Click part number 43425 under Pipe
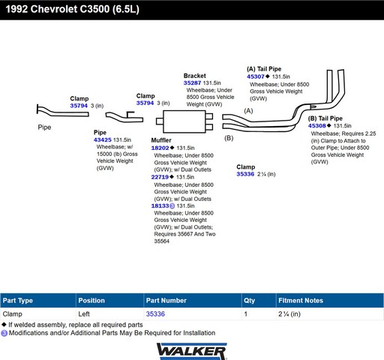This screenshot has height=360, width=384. click(x=103, y=139)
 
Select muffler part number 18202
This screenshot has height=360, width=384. click(x=160, y=148)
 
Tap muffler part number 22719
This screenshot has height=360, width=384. click(x=160, y=177)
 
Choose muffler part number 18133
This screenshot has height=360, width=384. click(x=160, y=205)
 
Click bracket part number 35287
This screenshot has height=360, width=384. click(x=192, y=82)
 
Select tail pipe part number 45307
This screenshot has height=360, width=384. click(x=256, y=76)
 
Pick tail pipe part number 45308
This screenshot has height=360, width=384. click(x=317, y=125)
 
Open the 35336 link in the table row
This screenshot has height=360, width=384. click(x=155, y=313)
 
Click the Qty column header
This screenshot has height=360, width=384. click(x=249, y=300)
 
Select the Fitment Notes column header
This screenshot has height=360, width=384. click(x=301, y=300)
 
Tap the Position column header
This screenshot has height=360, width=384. click(x=91, y=300)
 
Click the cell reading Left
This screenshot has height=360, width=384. click(x=84, y=313)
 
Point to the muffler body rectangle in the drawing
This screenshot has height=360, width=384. click(x=184, y=121)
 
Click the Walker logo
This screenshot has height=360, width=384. click(x=192, y=351)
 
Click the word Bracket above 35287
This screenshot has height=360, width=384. click(x=195, y=76)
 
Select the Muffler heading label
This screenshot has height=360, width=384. click(x=161, y=140)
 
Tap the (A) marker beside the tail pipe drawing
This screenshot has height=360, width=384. click(x=248, y=111)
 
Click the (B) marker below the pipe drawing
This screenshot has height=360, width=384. click(x=229, y=138)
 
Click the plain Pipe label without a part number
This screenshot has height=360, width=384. click(x=44, y=127)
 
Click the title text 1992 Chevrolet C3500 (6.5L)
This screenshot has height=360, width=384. click(x=73, y=9)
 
